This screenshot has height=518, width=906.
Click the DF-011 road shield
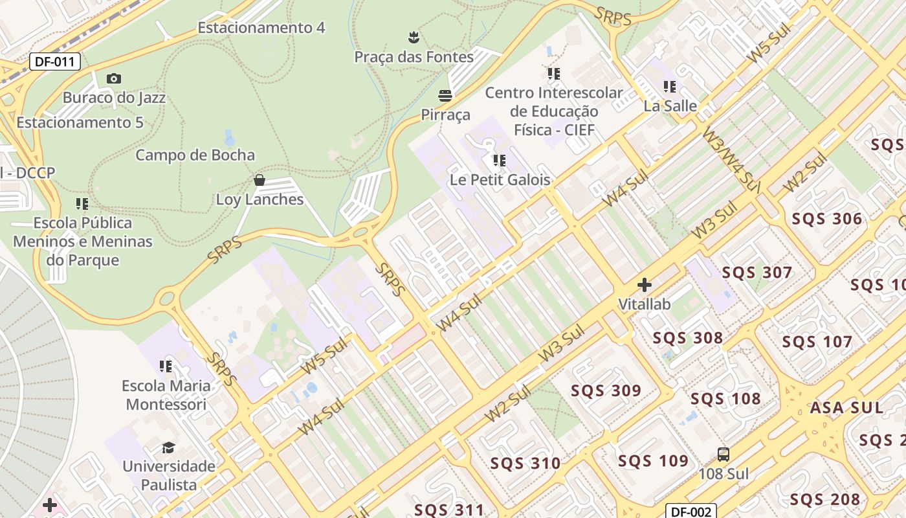[x=55, y=62]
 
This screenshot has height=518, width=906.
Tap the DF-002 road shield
[x=691, y=512]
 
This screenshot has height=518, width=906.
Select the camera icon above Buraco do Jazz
[x=114, y=79]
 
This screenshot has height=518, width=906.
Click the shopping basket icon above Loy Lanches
[x=260, y=180]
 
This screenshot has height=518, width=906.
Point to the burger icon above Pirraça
[x=445, y=96]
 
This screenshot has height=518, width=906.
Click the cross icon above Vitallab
[x=644, y=285]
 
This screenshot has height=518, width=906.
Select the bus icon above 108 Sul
[x=724, y=455]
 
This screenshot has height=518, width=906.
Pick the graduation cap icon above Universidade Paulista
[x=168, y=447]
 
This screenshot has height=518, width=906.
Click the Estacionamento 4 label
[x=261, y=28]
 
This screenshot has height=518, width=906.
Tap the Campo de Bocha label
[x=195, y=155]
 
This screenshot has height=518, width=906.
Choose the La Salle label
[x=670, y=106]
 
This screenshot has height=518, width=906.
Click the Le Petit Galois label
[x=500, y=180]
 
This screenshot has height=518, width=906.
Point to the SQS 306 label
[x=826, y=219]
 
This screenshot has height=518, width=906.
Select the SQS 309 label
[x=605, y=390]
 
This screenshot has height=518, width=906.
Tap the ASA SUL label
[x=846, y=407]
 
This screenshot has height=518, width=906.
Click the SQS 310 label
[x=525, y=464]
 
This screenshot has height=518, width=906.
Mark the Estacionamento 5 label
[x=80, y=122]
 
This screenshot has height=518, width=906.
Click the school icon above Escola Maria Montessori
[x=166, y=366]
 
